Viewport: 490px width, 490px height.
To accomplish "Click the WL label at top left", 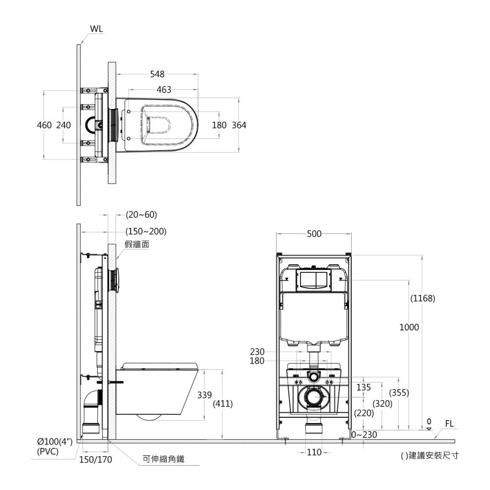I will tap(96, 29).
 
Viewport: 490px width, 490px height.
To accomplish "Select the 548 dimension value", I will tap(157, 74).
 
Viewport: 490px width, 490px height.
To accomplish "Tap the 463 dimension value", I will tap(164, 90).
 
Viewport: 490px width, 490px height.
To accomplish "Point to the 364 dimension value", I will tap(239, 125).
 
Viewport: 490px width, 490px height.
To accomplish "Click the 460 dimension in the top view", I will tap(45, 125).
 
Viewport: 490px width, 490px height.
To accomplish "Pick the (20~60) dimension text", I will tap(141, 214).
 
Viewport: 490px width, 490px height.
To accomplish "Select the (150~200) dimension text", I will tap(146, 232).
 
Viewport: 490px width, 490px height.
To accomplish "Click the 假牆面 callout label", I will tap(137, 245).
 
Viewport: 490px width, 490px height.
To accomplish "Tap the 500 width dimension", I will tap(314, 234).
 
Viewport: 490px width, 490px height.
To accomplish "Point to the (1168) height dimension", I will tap(423, 299).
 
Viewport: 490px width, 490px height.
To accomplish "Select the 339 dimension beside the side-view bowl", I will tap(205, 395).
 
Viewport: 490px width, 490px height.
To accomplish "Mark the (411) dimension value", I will tap(223, 404).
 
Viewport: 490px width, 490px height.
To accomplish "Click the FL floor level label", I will tap(449, 423).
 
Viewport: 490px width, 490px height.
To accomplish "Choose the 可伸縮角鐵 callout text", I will tap(163, 460).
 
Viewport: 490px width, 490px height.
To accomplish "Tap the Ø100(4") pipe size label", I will tap(55, 442).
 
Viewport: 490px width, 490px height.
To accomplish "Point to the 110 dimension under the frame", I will tap(314, 452).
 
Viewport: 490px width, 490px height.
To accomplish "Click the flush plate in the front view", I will tap(314, 280).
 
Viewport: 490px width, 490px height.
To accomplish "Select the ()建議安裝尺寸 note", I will tap(429, 456).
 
